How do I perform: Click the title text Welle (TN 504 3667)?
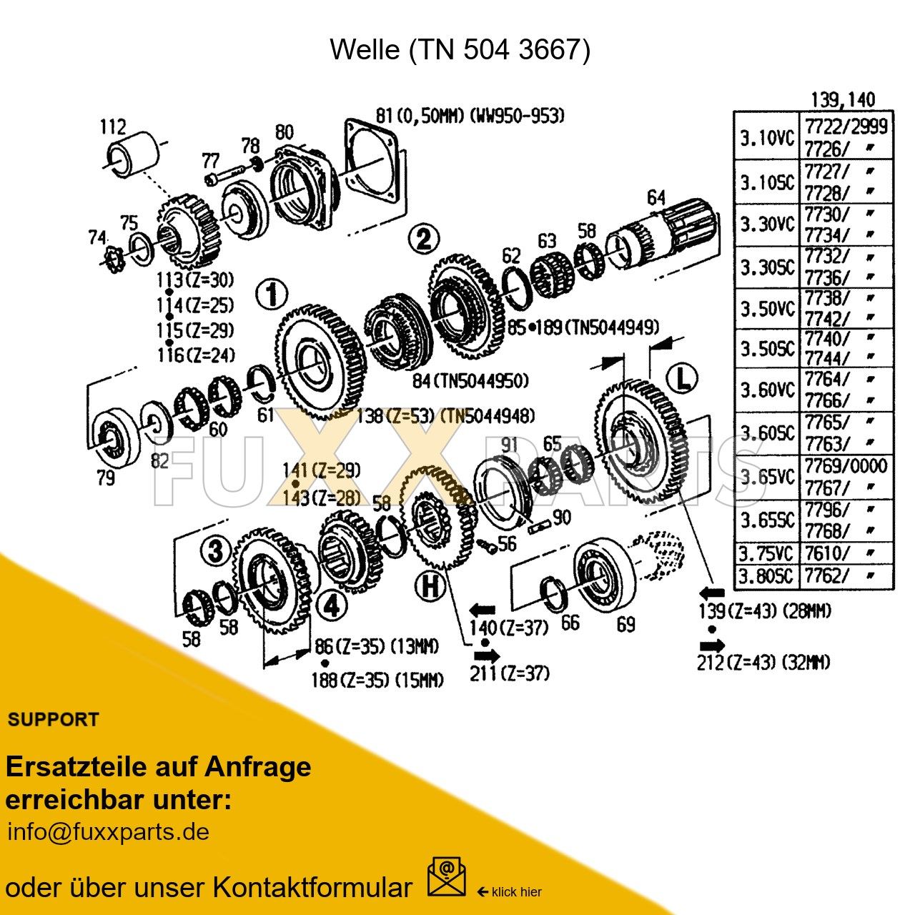pyautogui.click(x=460, y=49)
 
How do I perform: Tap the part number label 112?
pyautogui.click(x=113, y=127)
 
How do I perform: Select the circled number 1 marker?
pyautogui.click(x=272, y=294)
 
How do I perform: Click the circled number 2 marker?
pyautogui.click(x=423, y=238)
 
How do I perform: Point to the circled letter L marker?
pyautogui.click(x=682, y=378)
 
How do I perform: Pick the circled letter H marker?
pyautogui.click(x=430, y=586)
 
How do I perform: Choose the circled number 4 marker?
pyautogui.click(x=332, y=605)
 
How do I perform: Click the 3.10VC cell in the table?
pyautogui.click(x=766, y=137)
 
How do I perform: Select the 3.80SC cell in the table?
pyautogui.click(x=766, y=575)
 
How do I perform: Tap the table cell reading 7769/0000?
pyautogui.click(x=846, y=466)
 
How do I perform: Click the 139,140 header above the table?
pyautogui.click(x=843, y=99)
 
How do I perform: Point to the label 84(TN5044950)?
pyautogui.click(x=470, y=381)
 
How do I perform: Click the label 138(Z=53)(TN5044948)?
pyautogui.click(x=445, y=416)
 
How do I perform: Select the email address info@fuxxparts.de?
pyautogui.click(x=108, y=832)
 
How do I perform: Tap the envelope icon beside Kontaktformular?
pyautogui.click(x=446, y=877)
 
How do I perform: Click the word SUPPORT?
pyautogui.click(x=54, y=720)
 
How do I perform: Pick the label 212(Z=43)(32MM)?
pyautogui.click(x=763, y=663)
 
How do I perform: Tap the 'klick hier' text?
pyautogui.click(x=516, y=891)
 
